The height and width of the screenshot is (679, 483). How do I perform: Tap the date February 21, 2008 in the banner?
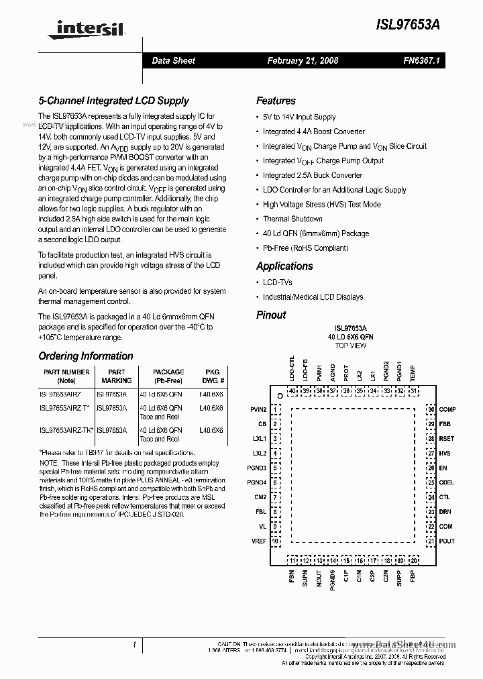303,60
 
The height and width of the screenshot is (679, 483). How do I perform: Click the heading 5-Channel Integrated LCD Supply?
113,101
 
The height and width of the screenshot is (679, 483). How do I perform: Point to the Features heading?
276,101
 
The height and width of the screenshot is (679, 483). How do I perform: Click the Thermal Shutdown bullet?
292,219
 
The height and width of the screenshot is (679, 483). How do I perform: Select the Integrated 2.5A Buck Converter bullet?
312,175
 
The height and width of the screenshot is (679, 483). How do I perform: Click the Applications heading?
284,266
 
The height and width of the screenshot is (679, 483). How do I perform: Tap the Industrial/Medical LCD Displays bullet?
313,297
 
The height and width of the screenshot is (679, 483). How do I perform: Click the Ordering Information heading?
86,356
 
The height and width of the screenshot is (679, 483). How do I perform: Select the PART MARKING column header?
116,376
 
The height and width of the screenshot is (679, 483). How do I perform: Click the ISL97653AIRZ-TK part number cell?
66,430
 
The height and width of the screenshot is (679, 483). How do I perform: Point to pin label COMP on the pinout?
447,409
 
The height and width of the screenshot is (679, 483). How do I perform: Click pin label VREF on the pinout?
258,541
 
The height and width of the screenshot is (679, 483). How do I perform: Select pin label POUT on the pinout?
446,541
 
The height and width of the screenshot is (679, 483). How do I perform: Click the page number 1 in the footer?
134,645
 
